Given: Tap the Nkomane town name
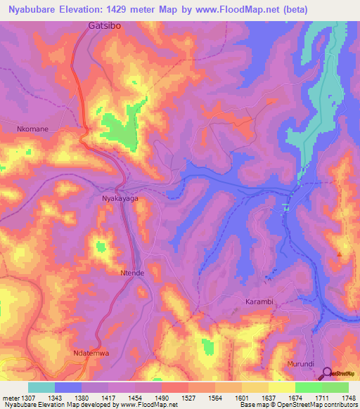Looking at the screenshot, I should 33,129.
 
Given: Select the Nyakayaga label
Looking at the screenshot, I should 120,200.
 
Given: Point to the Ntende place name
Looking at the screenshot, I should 131,273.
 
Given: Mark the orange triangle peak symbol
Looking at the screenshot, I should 340,253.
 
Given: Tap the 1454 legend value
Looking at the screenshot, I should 136,398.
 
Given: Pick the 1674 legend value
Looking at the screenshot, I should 295,398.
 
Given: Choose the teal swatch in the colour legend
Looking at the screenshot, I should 41,387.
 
